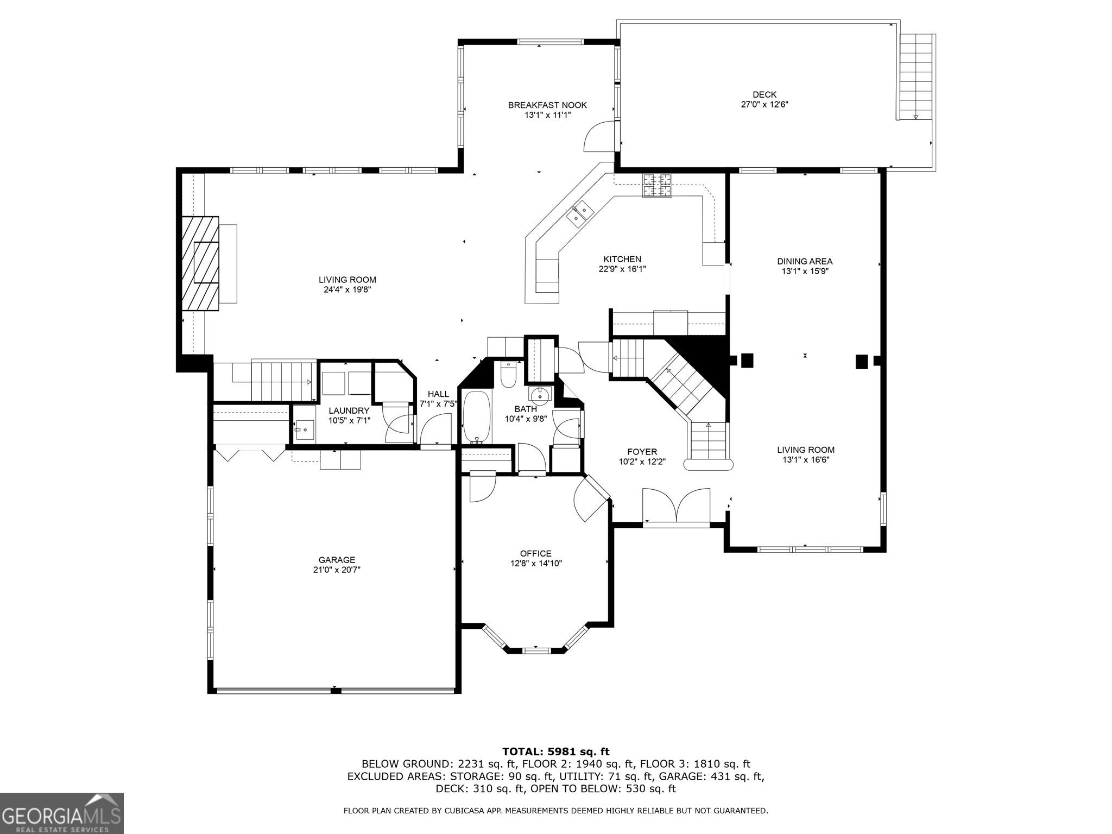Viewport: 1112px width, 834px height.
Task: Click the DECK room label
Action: [x=764, y=94]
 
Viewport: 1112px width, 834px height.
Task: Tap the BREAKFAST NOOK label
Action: [x=547, y=105]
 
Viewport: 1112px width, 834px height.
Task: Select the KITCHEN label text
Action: [x=622, y=259]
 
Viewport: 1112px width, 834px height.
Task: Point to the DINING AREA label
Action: [x=805, y=261]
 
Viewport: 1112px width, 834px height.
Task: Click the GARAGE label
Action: [x=337, y=560]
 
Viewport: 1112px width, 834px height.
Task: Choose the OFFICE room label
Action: [x=535, y=553]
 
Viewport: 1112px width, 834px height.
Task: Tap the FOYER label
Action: [x=642, y=452]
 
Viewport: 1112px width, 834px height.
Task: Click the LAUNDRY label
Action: [x=349, y=410]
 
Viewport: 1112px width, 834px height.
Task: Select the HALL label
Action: [x=438, y=394]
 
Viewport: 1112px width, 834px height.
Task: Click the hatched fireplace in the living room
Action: [x=200, y=263]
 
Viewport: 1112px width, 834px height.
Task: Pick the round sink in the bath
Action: [x=540, y=394]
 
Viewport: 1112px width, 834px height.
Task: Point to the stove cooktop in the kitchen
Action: [x=658, y=185]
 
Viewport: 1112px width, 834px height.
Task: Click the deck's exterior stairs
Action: [x=916, y=77]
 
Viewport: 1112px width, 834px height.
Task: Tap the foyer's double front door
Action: [x=676, y=506]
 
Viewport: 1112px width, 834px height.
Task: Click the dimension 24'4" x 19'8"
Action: [x=347, y=290]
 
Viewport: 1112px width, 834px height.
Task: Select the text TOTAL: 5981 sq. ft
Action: [x=556, y=751]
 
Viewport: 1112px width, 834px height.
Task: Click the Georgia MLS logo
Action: [x=62, y=813]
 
